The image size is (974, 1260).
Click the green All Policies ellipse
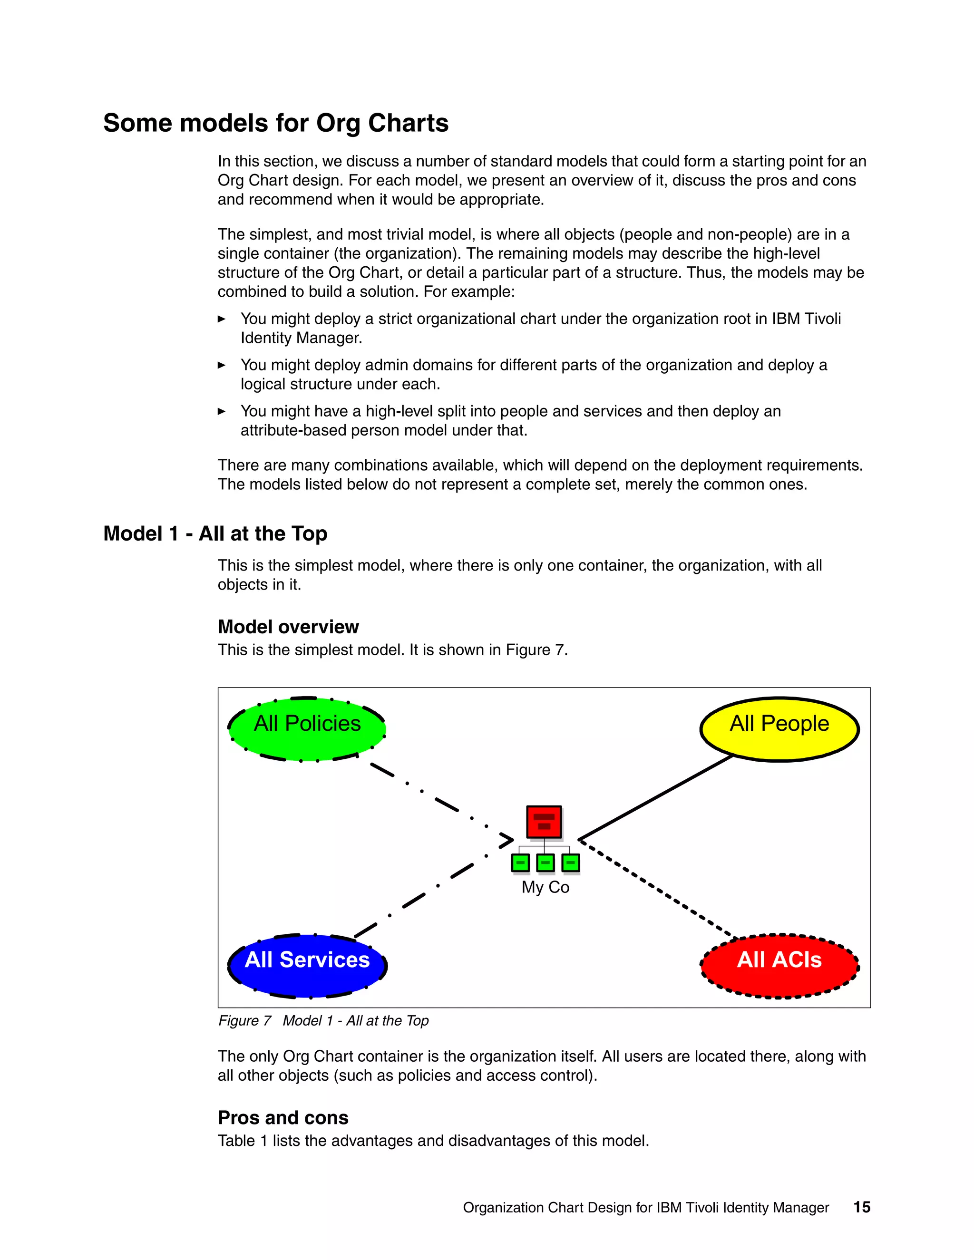(307, 729)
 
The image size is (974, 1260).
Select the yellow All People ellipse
(779, 729)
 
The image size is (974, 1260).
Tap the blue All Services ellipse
(307, 966)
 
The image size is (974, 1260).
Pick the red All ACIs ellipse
(779, 966)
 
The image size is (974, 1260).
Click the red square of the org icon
(544, 822)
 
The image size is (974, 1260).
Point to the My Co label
(545, 887)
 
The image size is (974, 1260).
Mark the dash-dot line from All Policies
(438, 799)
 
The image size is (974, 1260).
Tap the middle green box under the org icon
(545, 863)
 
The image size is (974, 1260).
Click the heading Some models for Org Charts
(276, 123)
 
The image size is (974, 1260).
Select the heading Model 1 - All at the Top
(215, 533)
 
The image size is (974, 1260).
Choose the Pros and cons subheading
(283, 1117)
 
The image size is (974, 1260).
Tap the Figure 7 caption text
(323, 1020)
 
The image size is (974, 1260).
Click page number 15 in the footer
(861, 1207)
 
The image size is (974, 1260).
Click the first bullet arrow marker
(222, 319)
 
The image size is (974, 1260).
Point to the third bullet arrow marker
(222, 411)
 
